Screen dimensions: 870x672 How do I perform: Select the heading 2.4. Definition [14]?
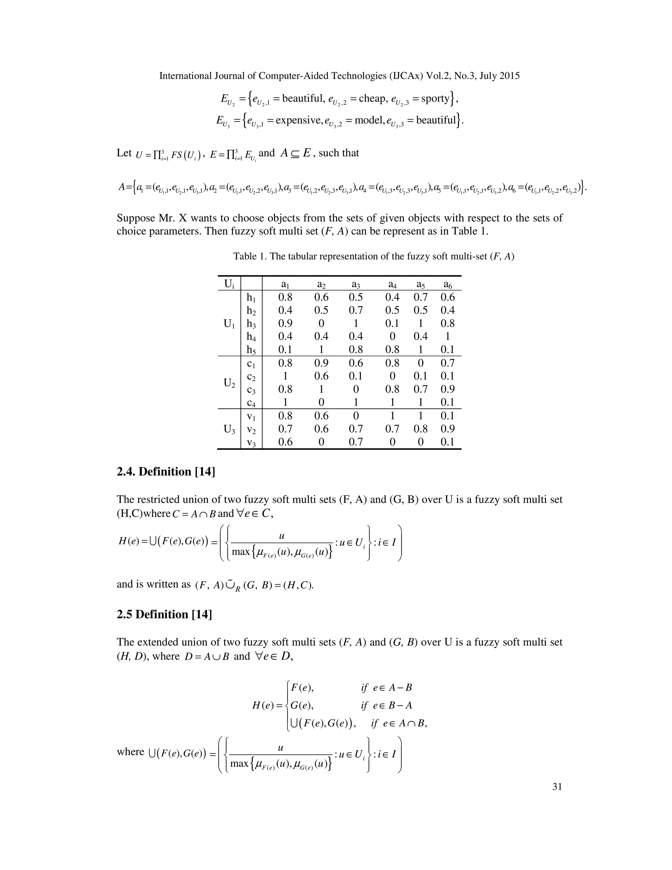click(x=166, y=472)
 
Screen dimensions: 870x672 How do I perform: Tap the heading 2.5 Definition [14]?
click(x=164, y=614)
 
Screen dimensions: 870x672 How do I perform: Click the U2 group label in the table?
click(x=229, y=383)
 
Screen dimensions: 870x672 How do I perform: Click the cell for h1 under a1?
click(x=285, y=297)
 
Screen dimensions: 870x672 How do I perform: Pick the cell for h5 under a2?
click(x=321, y=350)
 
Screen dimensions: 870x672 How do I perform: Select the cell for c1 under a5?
click(x=420, y=363)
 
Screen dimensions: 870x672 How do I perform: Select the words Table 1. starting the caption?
click(x=250, y=256)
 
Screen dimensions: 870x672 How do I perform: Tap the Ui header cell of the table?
click(x=229, y=284)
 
